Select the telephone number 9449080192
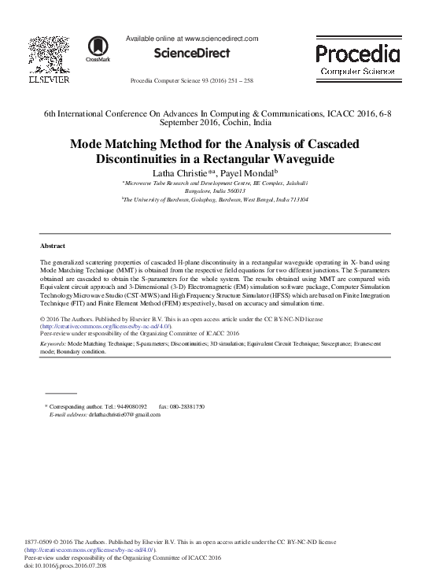130,405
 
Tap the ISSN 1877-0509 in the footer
39,542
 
